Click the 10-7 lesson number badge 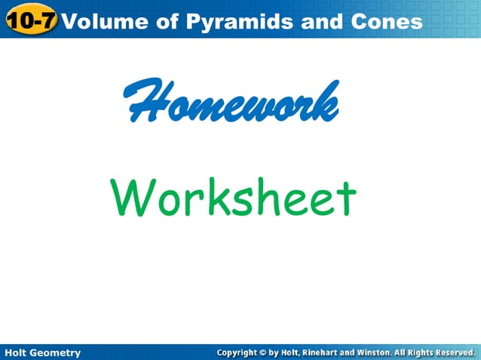pos(30,20)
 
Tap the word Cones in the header pos(387,21)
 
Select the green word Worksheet pos(233,197)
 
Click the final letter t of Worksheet pos(346,197)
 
